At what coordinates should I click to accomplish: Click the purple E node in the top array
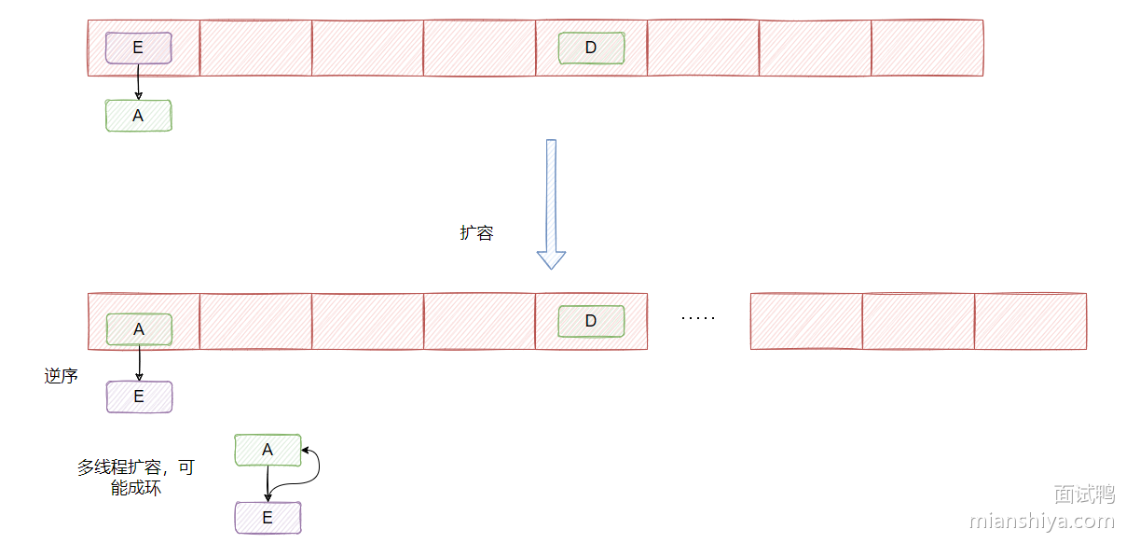click(x=139, y=49)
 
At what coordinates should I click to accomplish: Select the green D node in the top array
click(x=592, y=49)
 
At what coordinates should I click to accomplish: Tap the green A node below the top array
click(x=139, y=116)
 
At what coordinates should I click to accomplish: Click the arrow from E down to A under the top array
click(x=138, y=82)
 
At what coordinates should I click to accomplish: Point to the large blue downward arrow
click(x=552, y=204)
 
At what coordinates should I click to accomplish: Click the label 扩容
click(x=476, y=233)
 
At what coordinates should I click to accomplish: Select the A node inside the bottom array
click(x=139, y=329)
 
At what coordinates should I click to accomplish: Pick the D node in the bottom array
click(x=591, y=321)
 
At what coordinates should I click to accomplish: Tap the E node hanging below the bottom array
click(x=139, y=397)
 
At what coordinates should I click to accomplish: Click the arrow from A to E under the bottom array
click(x=139, y=363)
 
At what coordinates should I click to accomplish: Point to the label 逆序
click(x=61, y=376)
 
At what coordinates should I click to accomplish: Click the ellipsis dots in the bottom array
click(x=698, y=318)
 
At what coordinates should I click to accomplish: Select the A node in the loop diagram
click(x=268, y=450)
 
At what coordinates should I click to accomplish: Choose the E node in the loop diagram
click(x=268, y=518)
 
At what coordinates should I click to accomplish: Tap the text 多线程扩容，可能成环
click(x=136, y=478)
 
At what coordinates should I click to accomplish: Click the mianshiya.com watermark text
click(x=1042, y=521)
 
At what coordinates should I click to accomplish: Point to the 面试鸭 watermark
click(x=1084, y=494)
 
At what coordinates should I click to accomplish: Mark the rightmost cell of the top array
click(x=927, y=49)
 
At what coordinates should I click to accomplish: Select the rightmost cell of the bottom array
click(x=1031, y=321)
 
